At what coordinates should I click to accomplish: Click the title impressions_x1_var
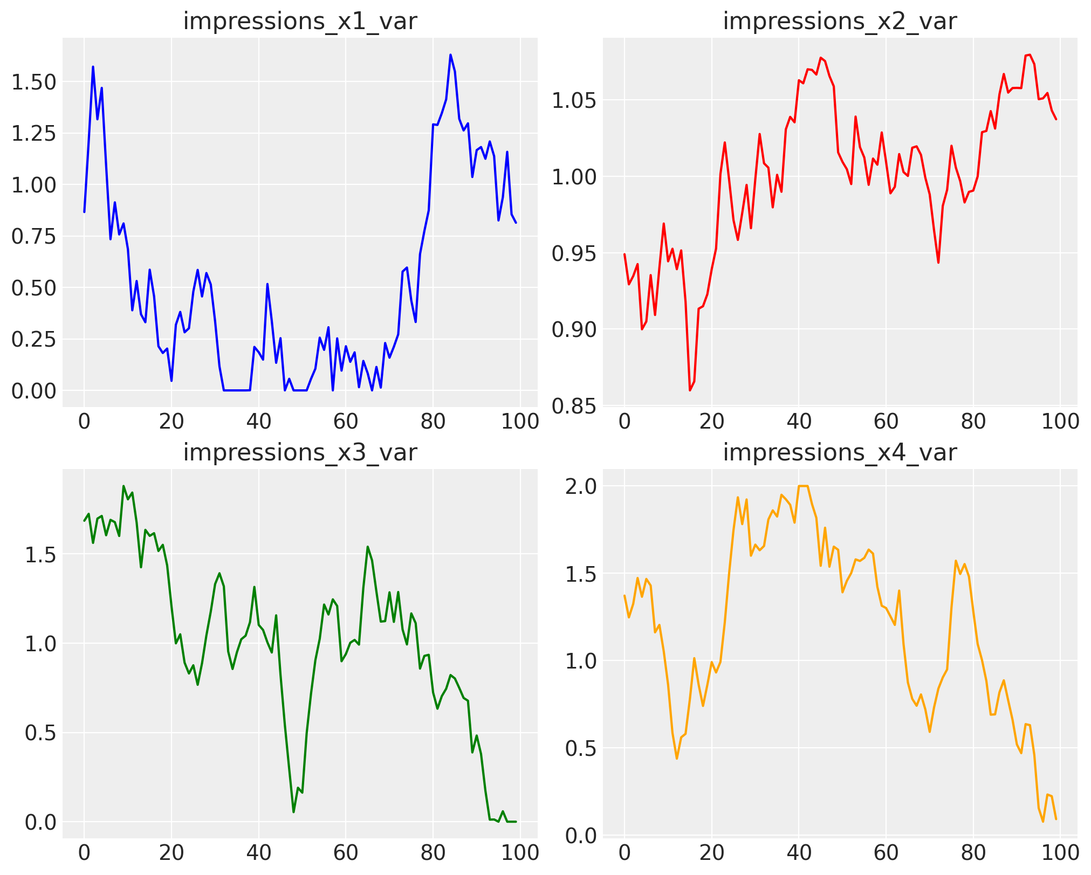coord(300,21)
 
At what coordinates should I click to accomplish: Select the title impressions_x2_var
coord(840,21)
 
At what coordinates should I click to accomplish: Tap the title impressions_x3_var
coord(300,452)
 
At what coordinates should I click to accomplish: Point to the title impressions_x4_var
coord(840,452)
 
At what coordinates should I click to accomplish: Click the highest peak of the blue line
coord(450,54)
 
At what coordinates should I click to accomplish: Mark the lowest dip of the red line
coord(690,390)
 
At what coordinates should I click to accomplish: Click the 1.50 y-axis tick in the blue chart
coord(33,82)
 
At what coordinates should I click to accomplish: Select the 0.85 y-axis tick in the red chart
coord(573,405)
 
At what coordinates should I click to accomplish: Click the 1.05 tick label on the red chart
coord(573,100)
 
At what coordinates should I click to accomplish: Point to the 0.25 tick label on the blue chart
coord(33,340)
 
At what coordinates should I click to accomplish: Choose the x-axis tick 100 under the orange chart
coord(1060,852)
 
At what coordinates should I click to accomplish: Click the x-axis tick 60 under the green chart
coord(346,852)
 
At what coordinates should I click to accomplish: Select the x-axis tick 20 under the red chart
coord(711,421)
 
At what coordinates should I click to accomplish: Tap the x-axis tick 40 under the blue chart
coord(258,421)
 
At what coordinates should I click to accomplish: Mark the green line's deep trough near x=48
coord(293,812)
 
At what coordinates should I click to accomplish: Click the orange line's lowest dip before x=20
coord(677,759)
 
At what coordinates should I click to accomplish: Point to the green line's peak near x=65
coord(367,547)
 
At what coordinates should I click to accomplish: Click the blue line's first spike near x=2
coord(93,67)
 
